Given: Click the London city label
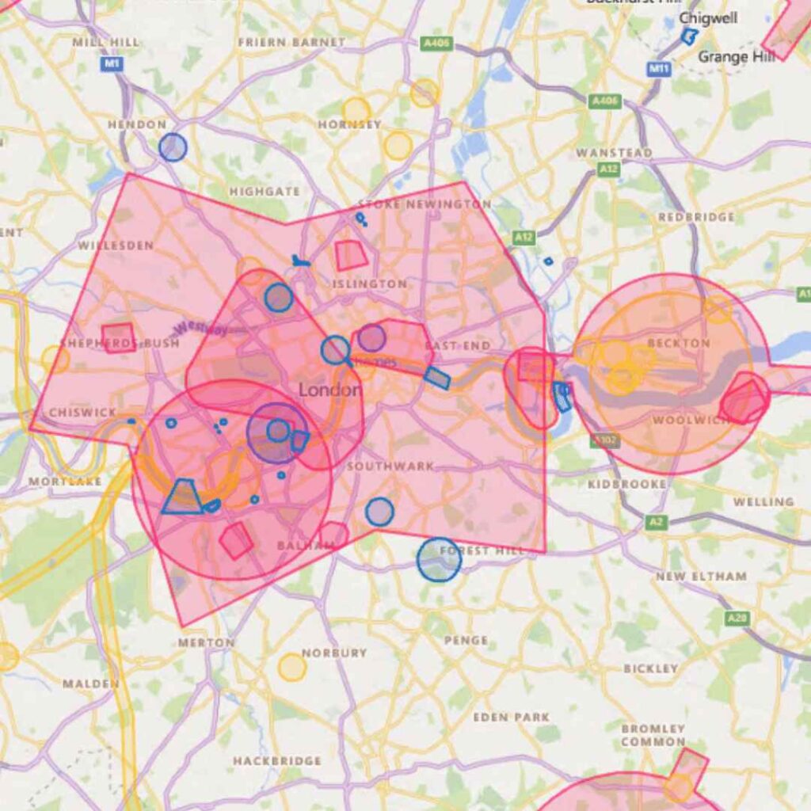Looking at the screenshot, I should click(x=330, y=390).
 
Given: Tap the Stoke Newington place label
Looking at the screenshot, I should click(x=425, y=204).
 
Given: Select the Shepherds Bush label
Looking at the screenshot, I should click(x=108, y=344).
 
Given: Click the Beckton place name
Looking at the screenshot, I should click(x=679, y=343).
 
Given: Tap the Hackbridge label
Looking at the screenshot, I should click(x=277, y=760).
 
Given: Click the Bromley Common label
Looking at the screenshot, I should click(x=653, y=735).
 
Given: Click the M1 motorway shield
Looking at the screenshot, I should click(x=112, y=63).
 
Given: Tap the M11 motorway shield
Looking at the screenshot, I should click(x=659, y=69).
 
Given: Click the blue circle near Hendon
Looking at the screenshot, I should click(x=173, y=147).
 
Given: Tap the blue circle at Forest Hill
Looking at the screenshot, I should click(x=439, y=560).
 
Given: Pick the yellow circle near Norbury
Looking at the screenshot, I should click(x=292, y=667).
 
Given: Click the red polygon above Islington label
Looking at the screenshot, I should click(x=350, y=255).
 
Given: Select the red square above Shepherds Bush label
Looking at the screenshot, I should click(x=119, y=337).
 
